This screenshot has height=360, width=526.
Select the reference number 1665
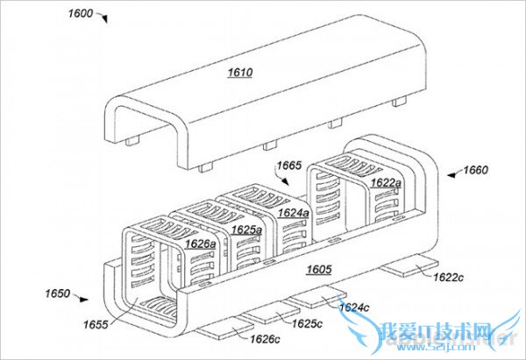pyautogui.click(x=289, y=165)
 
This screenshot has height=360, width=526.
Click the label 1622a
pyautogui.click(x=387, y=183)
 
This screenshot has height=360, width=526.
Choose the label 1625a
pyautogui.click(x=248, y=229)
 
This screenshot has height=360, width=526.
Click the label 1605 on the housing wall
pyautogui.click(x=319, y=270)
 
